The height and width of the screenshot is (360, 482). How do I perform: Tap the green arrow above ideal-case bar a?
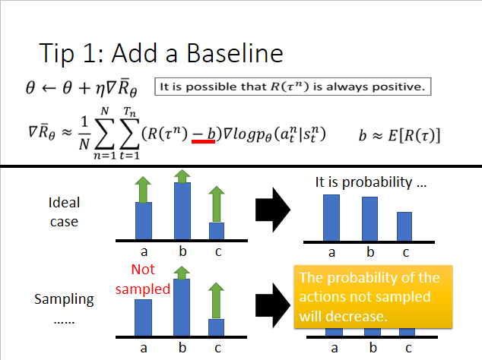point(144,188)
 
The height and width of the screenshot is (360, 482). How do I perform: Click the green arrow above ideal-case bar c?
point(217,207)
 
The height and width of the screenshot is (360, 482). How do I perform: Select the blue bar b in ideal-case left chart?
point(181,211)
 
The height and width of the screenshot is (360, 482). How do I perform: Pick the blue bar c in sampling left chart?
point(217,327)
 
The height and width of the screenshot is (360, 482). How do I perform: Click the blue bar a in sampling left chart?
point(144,317)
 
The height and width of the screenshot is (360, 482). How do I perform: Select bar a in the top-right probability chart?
point(331,216)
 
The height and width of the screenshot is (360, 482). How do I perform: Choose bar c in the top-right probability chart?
point(404,226)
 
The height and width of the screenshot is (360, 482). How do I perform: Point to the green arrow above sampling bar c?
point(217,298)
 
